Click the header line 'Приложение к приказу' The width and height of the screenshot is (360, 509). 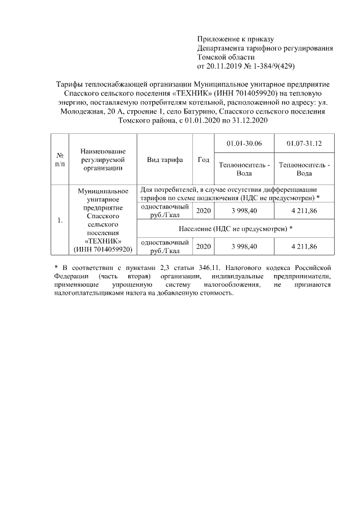[x=235, y=39]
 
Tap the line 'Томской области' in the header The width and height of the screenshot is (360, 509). [x=226, y=57]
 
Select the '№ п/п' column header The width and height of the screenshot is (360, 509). [x=59, y=159]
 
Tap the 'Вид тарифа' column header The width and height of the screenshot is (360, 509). [x=165, y=159]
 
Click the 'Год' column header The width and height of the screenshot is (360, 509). [x=204, y=159]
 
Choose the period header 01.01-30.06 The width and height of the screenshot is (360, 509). [x=244, y=144]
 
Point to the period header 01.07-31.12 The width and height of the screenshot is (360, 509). [x=304, y=144]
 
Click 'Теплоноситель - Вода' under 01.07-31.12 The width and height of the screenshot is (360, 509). [x=304, y=169]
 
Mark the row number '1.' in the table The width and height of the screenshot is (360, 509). [x=59, y=220]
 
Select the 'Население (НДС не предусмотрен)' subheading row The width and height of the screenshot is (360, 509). [x=236, y=229]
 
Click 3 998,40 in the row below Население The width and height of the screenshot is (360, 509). [x=244, y=246]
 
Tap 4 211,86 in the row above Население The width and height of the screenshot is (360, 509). [x=304, y=211]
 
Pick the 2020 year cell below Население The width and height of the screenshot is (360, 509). [x=204, y=246]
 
